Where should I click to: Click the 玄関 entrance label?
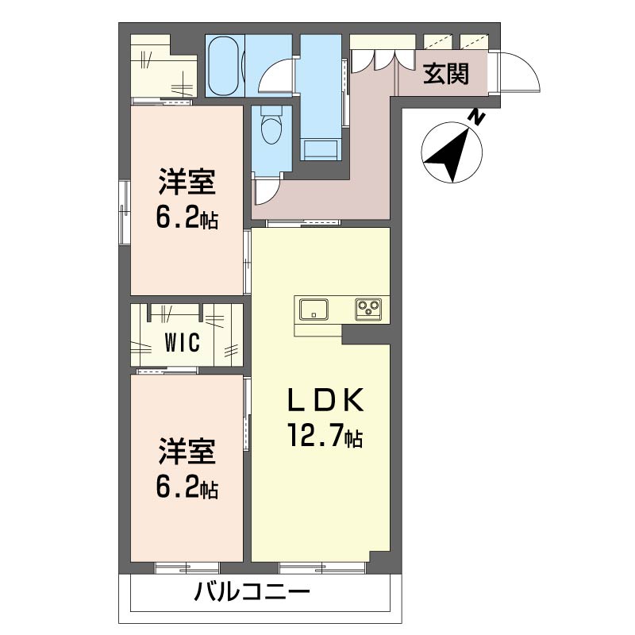446,74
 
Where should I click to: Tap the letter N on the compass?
477,117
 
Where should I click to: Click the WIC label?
183,342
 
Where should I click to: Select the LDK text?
325,400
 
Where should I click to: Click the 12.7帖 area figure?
325,434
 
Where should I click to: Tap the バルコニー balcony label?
252,592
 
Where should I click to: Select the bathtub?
224,66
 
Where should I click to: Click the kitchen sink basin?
314,310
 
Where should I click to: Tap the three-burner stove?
368,310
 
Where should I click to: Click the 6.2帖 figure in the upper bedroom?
187,220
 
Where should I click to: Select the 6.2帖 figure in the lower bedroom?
187,488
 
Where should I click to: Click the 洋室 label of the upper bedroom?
187,183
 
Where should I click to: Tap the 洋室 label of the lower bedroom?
187,452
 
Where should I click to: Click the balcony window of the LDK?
322,568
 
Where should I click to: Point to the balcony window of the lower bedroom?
187,568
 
